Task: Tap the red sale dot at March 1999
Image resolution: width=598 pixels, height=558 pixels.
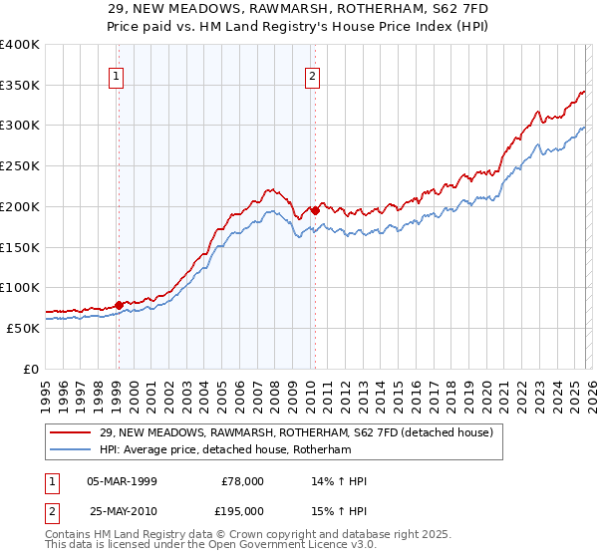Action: click(x=119, y=305)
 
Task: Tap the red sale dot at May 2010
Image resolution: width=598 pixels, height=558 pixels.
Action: click(x=315, y=210)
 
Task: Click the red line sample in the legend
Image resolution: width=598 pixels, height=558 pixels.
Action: click(x=72, y=432)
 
